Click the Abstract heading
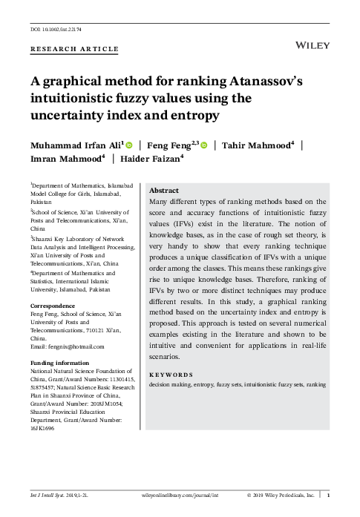pos(164,190)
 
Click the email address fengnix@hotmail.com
pos(73,346)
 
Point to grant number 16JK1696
pos(43,428)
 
